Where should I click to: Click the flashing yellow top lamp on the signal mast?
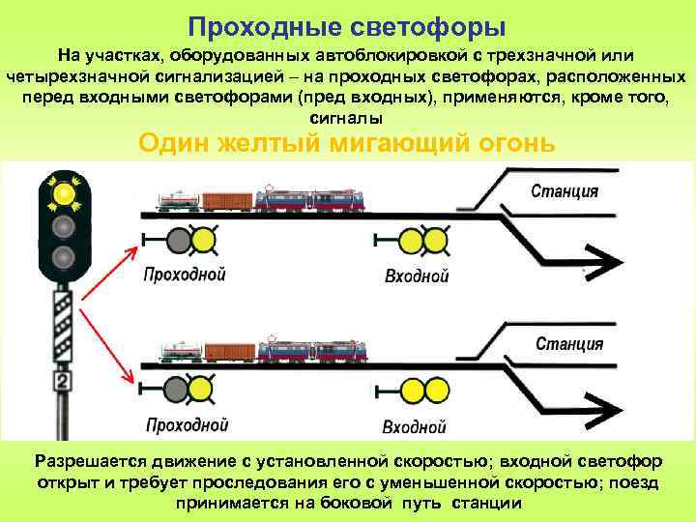click(64, 193)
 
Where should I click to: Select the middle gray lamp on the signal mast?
click(64, 226)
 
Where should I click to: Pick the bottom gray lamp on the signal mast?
click(64, 257)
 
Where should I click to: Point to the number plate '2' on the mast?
click(63, 382)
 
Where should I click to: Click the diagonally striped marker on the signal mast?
click(63, 329)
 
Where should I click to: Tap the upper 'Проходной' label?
click(185, 274)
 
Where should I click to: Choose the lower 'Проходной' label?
click(187, 424)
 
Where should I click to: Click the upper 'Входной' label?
click(417, 275)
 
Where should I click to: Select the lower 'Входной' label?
click(415, 426)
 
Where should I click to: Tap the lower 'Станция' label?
click(569, 343)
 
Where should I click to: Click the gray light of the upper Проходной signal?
click(179, 238)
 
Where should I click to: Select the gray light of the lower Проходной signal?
click(176, 389)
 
